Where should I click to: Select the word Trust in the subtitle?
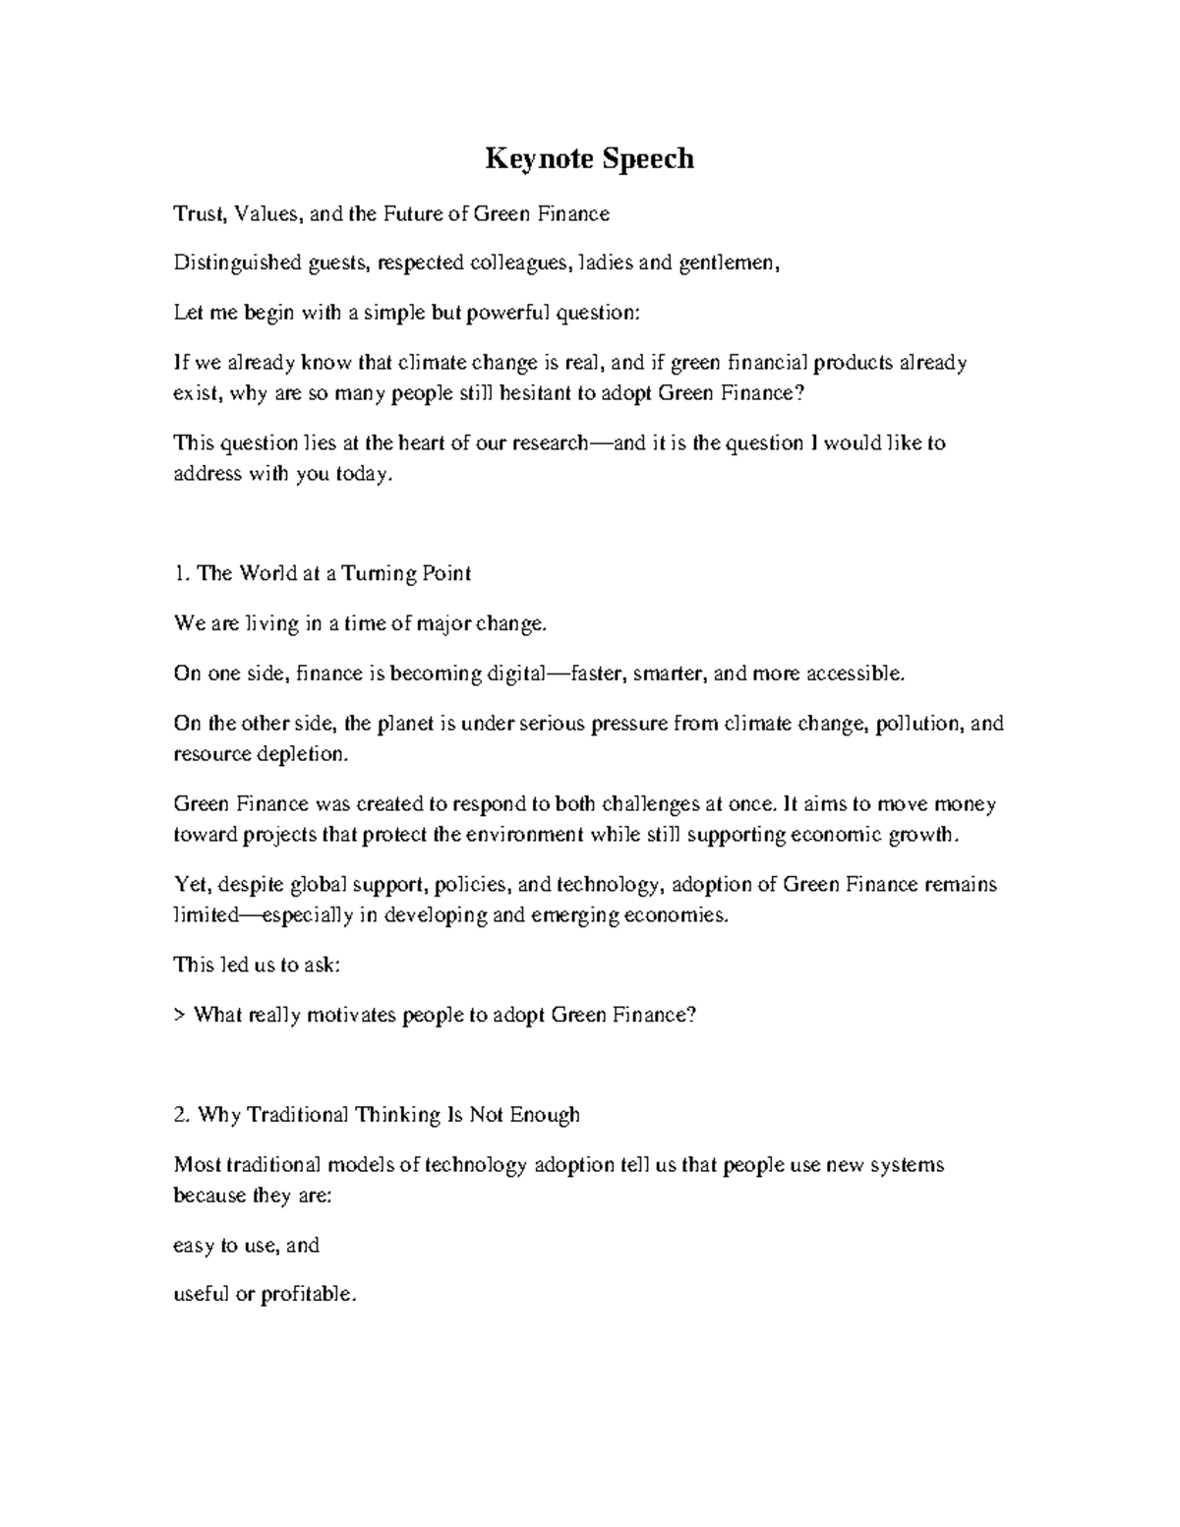[196, 213]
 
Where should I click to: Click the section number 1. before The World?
[181, 573]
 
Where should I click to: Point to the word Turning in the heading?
[380, 573]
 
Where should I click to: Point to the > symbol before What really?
[179, 1016]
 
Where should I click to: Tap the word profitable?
[307, 1295]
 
